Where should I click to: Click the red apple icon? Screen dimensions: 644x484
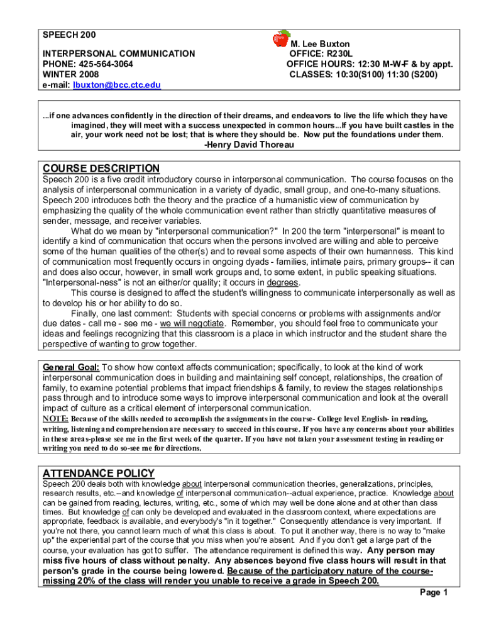(x=281, y=38)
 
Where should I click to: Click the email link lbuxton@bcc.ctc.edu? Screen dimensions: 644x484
(x=116, y=85)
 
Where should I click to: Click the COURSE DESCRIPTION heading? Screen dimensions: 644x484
(x=101, y=169)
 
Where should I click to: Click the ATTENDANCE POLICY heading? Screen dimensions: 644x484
(x=98, y=473)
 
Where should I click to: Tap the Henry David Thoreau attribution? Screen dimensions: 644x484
(x=249, y=145)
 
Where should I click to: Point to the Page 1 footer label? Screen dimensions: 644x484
(x=433, y=592)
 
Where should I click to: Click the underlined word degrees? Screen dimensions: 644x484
(x=283, y=282)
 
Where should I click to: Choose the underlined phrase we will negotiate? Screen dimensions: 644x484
(x=192, y=323)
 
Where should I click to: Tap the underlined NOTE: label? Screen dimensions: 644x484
(x=55, y=419)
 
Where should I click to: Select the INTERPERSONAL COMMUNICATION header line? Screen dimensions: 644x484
(x=118, y=54)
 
